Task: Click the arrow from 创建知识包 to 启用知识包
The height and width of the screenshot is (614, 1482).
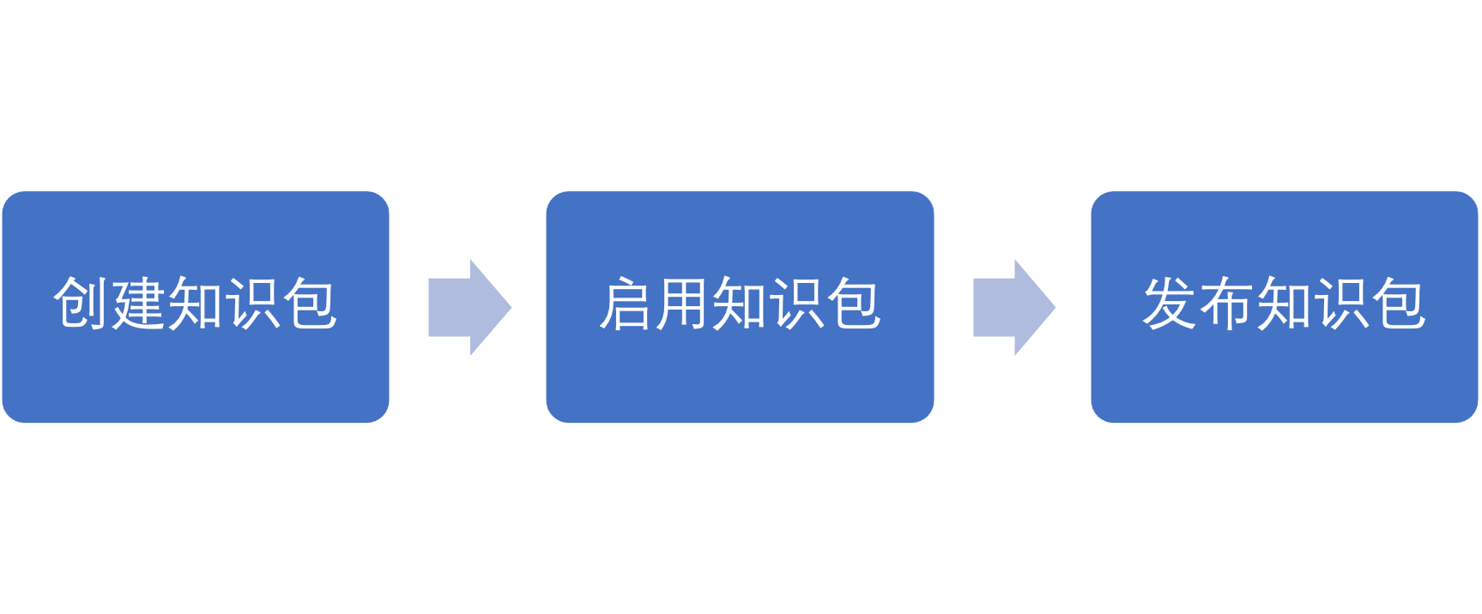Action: (469, 307)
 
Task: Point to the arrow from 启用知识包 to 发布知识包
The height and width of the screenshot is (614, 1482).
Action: (1013, 307)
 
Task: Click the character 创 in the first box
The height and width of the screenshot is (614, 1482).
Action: (82, 304)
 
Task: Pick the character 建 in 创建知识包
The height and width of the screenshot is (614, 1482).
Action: (138, 304)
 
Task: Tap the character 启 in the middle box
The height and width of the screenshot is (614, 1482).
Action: (626, 304)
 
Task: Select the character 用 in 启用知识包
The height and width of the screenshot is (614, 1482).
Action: (683, 304)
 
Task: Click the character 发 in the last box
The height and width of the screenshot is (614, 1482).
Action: (1170, 304)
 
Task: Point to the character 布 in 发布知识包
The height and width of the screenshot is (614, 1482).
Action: (1227, 304)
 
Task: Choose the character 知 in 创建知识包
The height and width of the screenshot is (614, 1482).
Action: (196, 304)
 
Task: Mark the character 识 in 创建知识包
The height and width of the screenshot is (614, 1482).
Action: (252, 304)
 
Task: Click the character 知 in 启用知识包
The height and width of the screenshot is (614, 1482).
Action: (740, 304)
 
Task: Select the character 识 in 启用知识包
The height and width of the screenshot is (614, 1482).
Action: (797, 304)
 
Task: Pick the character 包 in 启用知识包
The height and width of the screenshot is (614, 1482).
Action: (854, 304)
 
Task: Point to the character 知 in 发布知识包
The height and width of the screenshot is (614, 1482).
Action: (1284, 304)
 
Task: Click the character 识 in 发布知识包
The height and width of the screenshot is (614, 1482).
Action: (1341, 304)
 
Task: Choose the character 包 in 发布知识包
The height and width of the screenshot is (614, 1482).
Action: (1398, 304)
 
